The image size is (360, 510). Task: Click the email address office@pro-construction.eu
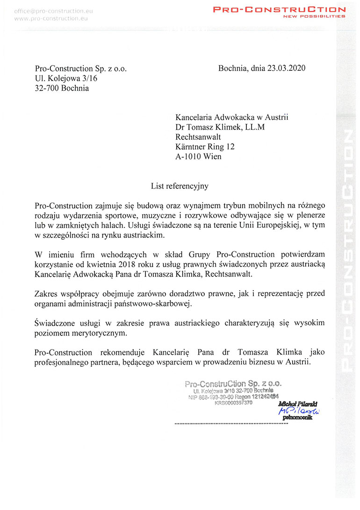[x=50, y=10]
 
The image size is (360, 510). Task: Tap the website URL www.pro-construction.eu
[x=50, y=18]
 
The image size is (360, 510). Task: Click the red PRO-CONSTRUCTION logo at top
[x=279, y=9]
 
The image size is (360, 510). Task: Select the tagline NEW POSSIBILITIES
[x=314, y=16]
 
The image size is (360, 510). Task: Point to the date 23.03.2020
[x=286, y=68]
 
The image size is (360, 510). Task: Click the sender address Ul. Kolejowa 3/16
[x=66, y=78]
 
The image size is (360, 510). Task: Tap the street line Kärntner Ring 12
[x=205, y=146]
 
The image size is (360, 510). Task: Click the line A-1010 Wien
[x=198, y=156]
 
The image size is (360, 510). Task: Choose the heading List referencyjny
[x=180, y=186]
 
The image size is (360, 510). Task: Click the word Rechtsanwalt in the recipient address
[x=198, y=137]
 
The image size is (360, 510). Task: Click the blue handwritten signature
[x=298, y=410]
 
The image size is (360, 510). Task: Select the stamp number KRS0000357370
[x=234, y=403]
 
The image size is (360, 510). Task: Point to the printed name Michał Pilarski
[x=298, y=403]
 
